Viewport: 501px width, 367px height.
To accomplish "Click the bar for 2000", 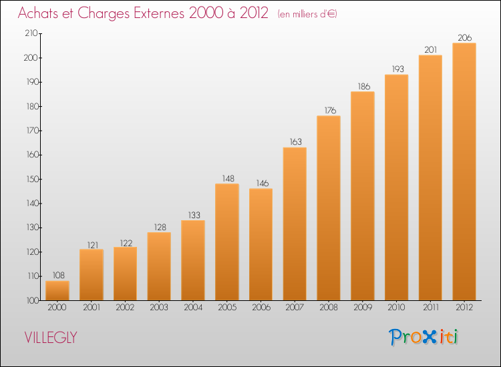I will click(x=57, y=290).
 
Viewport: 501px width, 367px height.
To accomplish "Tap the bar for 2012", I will click(x=464, y=171).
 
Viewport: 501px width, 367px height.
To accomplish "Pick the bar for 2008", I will click(x=329, y=208).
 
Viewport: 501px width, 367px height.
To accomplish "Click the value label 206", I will click(x=464, y=37).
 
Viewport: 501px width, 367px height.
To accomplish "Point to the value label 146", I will click(x=261, y=183).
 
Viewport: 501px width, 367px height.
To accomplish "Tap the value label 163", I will click(x=295, y=142).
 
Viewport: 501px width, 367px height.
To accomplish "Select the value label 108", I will click(x=57, y=275).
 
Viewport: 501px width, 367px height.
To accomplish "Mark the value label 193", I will click(x=397, y=69).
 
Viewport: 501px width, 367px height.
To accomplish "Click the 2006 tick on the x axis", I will click(x=261, y=308).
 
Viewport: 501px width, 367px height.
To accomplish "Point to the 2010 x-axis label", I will click(x=397, y=308).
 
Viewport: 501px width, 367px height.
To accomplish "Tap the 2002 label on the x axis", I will click(x=125, y=308).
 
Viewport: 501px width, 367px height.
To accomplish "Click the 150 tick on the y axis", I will click(x=30, y=179).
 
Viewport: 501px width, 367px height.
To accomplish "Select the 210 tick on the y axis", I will click(x=30, y=33).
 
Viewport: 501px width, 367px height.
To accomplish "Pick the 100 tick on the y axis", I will click(x=30, y=300).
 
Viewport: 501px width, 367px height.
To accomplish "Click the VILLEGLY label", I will click(x=50, y=338).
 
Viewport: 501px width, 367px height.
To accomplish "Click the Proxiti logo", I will click(x=424, y=336).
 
